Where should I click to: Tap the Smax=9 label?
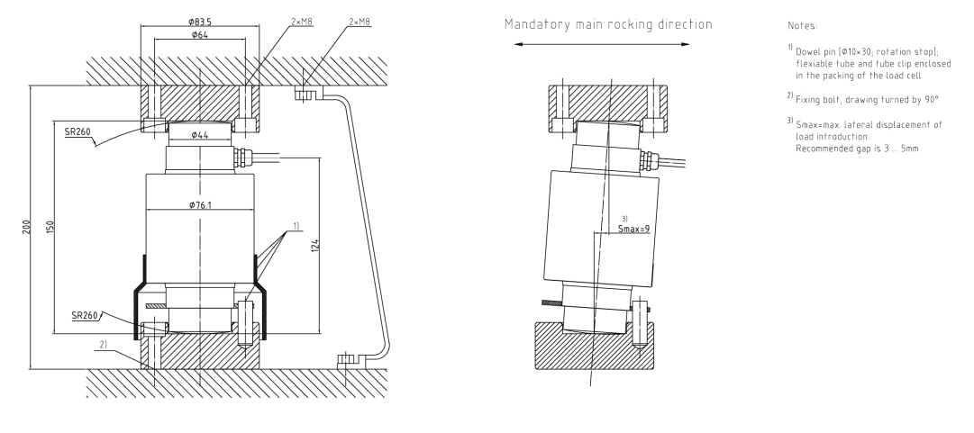634,230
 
